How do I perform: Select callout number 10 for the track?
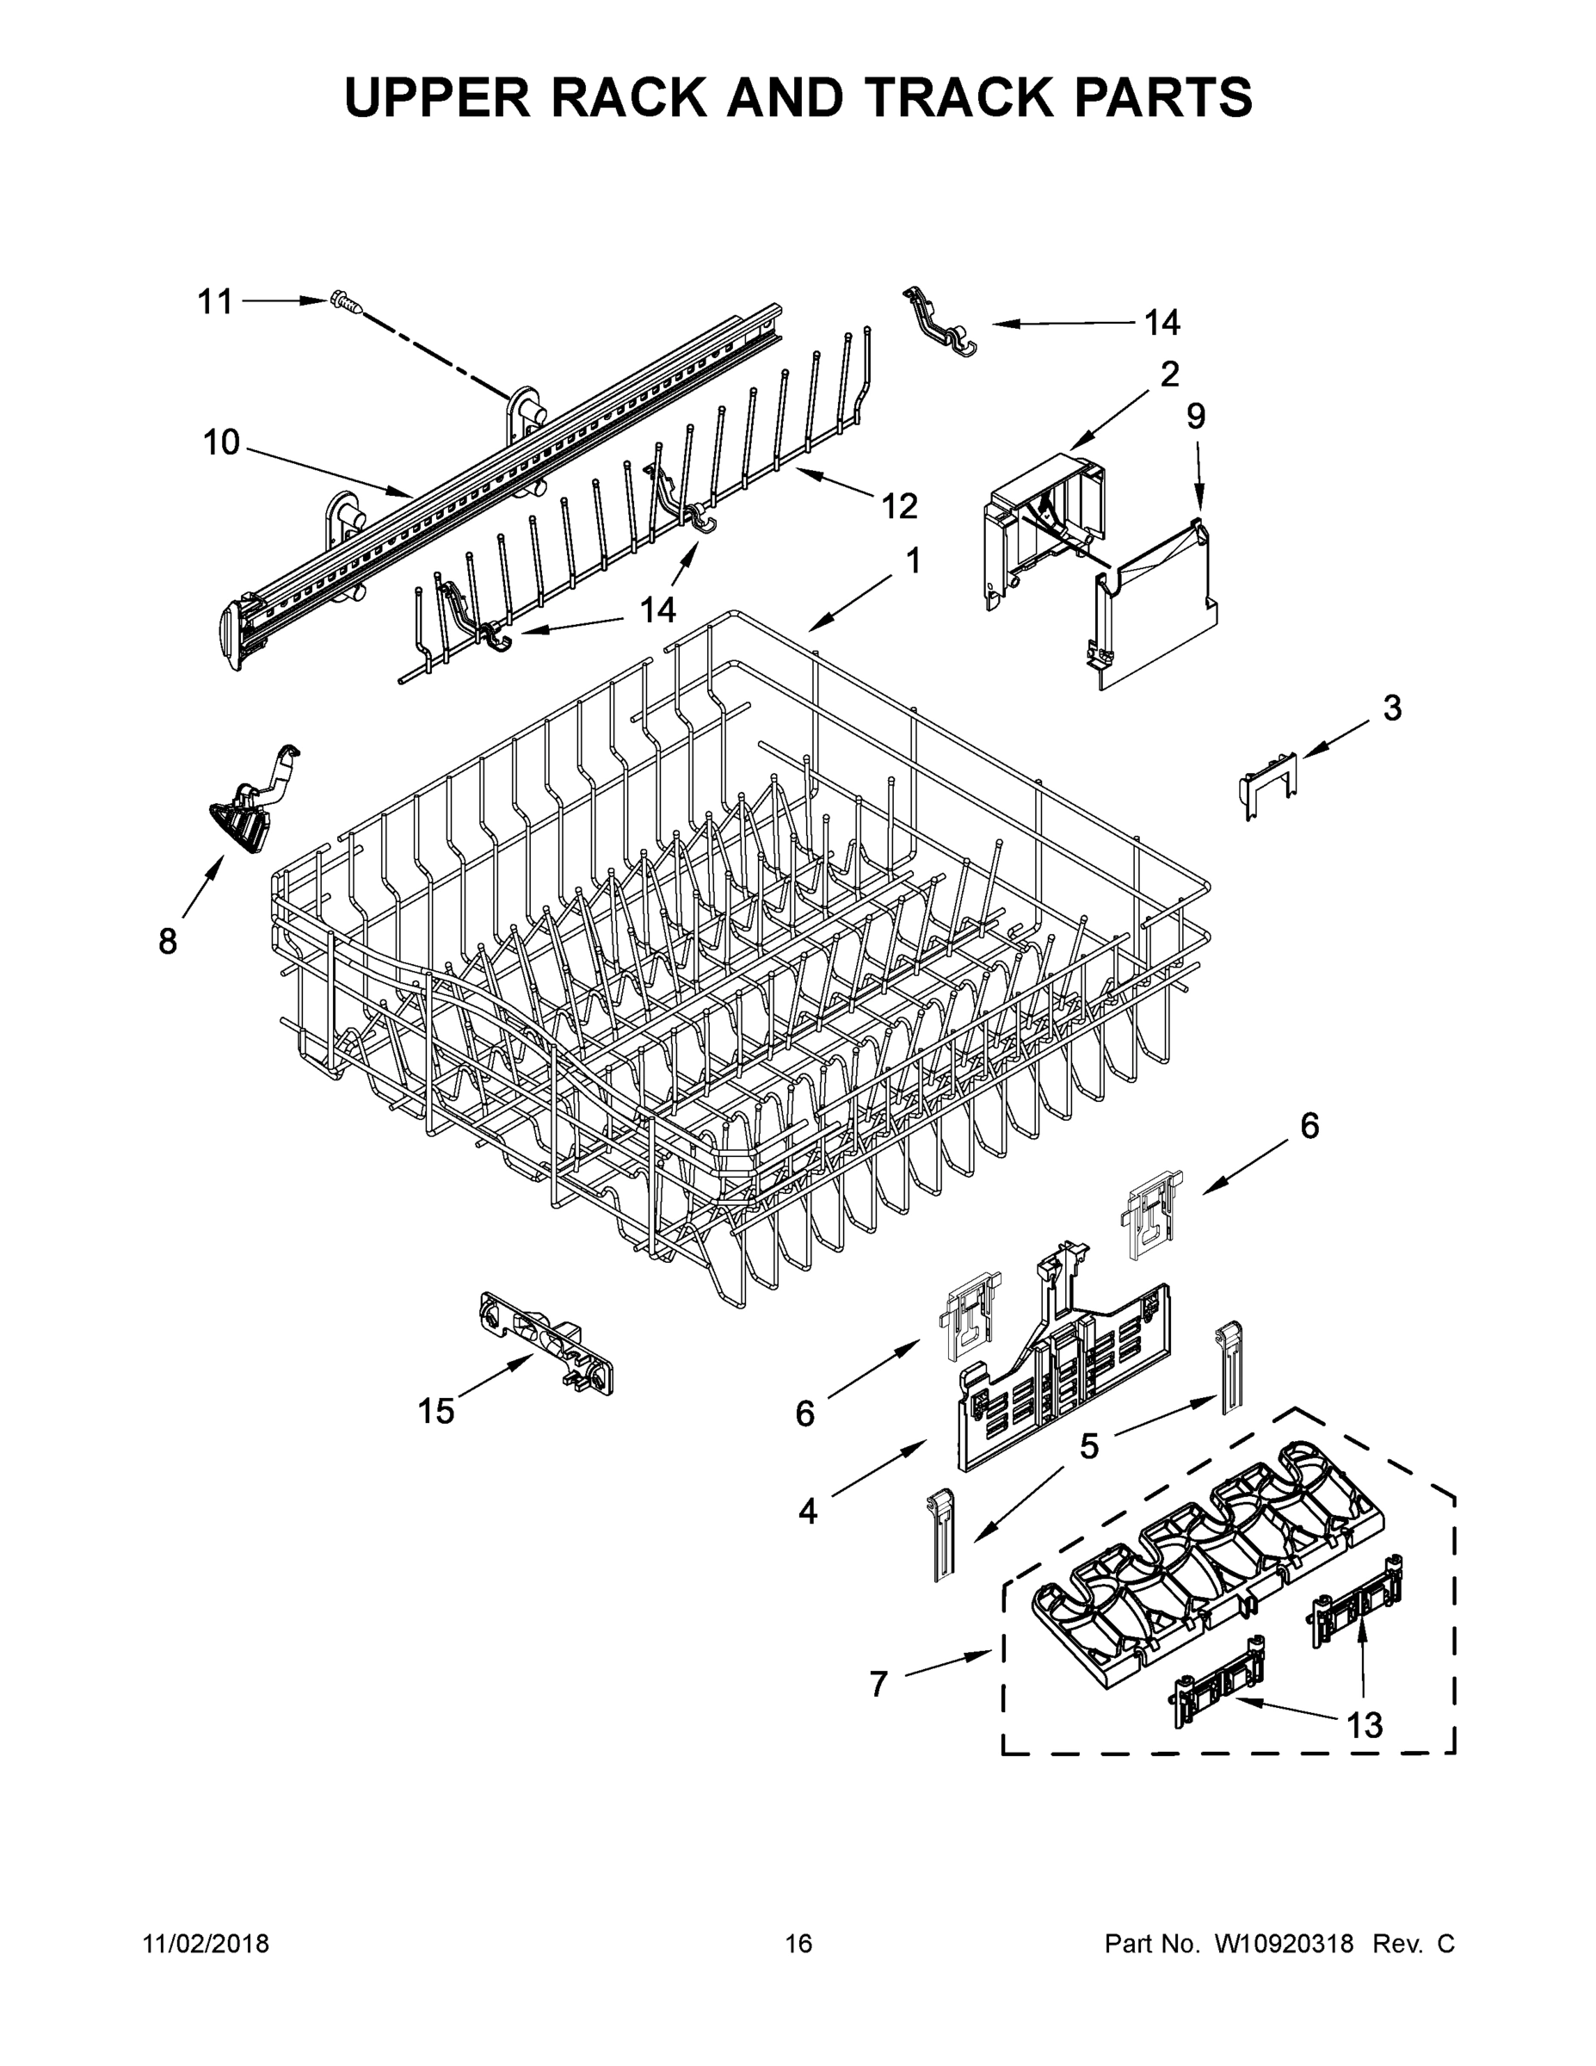[221, 442]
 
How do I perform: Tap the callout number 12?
[899, 506]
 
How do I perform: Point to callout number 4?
[806, 1512]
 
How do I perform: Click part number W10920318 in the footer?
[1283, 1943]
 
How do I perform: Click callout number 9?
[1196, 417]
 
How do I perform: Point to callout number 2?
[1169, 374]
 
